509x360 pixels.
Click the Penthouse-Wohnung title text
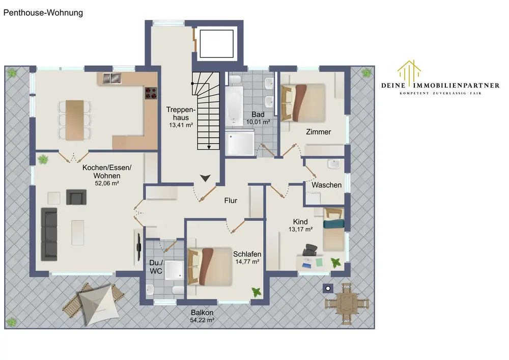(43, 13)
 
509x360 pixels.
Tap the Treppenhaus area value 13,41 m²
(181, 125)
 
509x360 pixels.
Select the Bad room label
(258, 115)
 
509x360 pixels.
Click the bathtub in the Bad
(234, 106)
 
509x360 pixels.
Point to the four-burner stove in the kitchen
(151, 93)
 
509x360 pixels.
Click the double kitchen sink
(112, 78)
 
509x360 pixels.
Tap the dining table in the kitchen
(75, 120)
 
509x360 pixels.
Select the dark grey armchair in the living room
(76, 197)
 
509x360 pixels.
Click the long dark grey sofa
(49, 234)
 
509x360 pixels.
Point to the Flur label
(231, 201)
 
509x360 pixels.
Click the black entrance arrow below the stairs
(205, 178)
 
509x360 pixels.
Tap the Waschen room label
(327, 185)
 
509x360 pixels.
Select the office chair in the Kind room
(310, 250)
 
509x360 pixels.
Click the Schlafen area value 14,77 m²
(247, 262)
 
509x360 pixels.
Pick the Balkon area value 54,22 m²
(202, 320)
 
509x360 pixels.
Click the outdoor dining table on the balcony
(347, 304)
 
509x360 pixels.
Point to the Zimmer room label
(319, 132)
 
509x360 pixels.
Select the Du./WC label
(156, 267)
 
